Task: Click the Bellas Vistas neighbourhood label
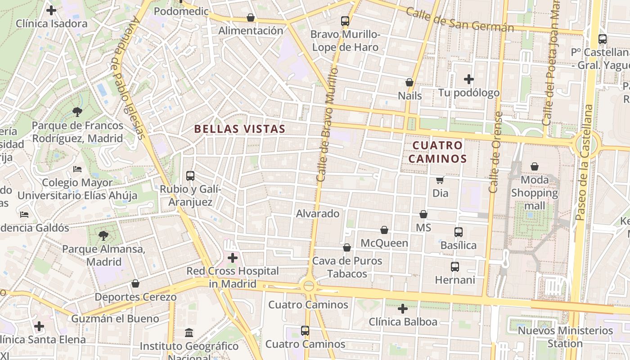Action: coord(239,129)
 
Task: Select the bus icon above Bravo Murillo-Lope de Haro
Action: coord(345,21)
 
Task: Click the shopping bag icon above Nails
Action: coord(409,82)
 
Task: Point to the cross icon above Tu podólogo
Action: coord(469,79)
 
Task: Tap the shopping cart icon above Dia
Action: coord(440,180)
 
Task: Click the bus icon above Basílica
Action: coord(458,232)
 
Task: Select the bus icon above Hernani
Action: coord(455,267)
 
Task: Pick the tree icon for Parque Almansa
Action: coord(103,235)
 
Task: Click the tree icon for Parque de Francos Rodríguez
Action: coord(77,112)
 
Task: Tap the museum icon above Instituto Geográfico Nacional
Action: coord(189,333)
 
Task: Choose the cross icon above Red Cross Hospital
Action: coord(233,258)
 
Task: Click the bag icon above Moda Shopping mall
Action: coord(535,166)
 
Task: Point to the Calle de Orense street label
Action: coord(495,153)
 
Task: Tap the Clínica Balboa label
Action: coord(403,322)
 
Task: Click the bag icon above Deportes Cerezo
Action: coord(135,283)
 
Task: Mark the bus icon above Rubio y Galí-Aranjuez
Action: coord(190,176)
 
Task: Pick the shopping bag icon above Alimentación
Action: coord(251,18)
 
